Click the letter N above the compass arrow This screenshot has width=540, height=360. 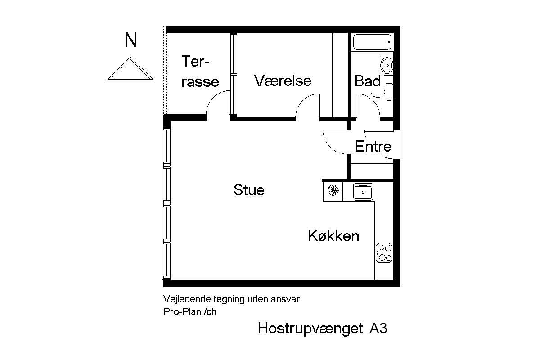[131, 40]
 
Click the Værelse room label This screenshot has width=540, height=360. [283, 81]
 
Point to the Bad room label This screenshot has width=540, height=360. [368, 81]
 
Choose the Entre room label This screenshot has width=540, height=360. [373, 146]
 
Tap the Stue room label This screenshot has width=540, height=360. [249, 190]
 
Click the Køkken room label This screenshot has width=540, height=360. [333, 236]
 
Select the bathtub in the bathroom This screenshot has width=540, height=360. [372, 43]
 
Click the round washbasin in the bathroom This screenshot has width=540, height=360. [387, 65]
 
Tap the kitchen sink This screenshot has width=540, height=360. [362, 192]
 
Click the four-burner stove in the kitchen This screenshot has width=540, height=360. [384, 252]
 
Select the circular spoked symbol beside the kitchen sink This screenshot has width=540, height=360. [333, 191]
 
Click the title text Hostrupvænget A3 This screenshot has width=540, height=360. [322, 328]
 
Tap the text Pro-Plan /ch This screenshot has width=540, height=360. [190, 311]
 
